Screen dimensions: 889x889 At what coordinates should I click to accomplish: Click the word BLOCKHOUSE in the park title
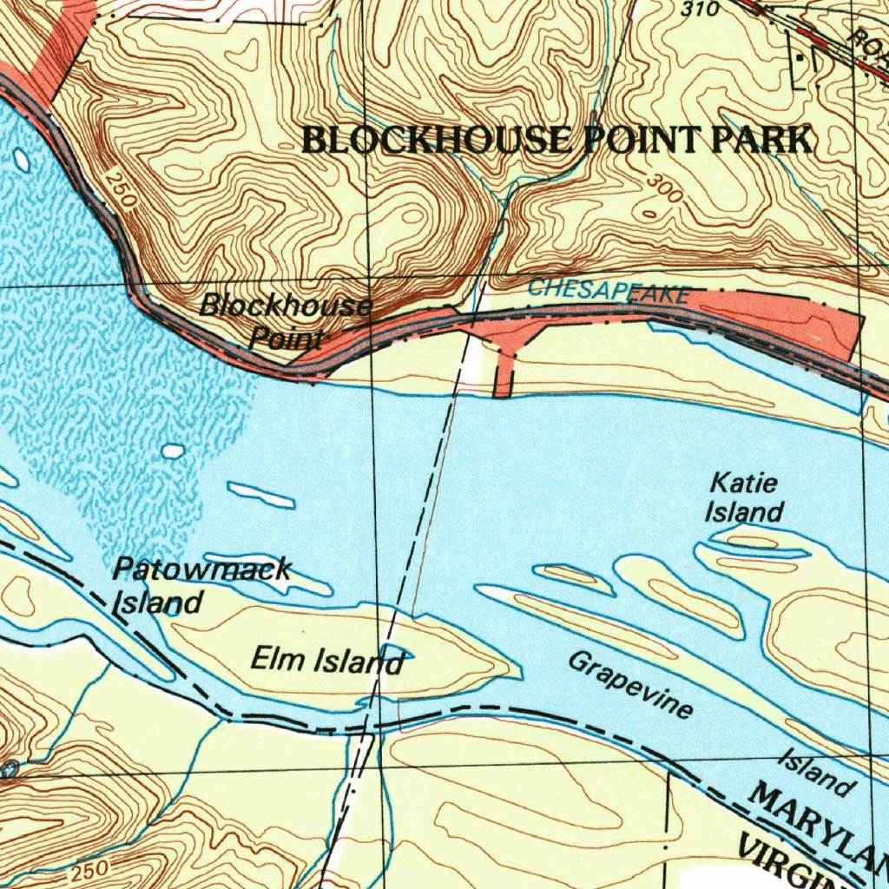tap(437, 140)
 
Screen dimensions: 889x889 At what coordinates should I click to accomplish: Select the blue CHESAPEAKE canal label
tap(609, 292)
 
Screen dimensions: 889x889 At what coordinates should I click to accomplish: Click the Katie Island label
tap(744, 497)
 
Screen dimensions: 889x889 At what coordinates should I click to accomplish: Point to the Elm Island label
tap(327, 662)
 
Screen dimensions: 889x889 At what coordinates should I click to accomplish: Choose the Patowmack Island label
tap(201, 585)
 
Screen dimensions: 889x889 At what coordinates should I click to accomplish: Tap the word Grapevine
tap(631, 686)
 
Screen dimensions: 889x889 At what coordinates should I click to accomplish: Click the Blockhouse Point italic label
tap(286, 320)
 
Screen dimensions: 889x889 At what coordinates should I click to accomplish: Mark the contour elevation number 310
tap(701, 10)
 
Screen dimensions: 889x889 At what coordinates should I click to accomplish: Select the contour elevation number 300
tap(664, 189)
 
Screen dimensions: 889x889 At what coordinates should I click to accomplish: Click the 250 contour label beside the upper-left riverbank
tap(121, 189)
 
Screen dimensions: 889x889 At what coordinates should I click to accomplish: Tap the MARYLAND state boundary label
tap(816, 829)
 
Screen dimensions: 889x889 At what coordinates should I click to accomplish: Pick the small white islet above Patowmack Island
tap(174, 451)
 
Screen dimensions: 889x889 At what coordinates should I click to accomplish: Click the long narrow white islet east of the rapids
tap(260, 496)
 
